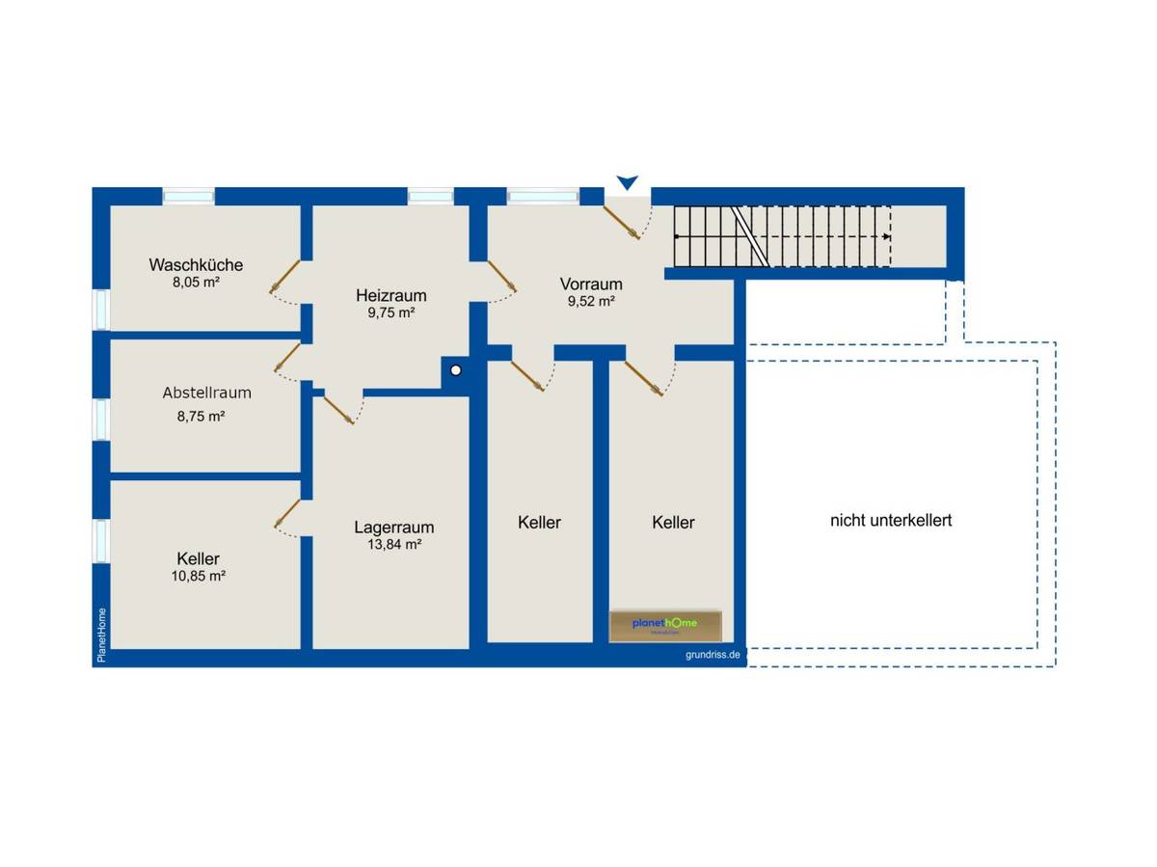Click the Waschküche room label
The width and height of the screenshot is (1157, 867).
coord(196,264)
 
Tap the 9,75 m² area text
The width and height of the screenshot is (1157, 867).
coord(391,312)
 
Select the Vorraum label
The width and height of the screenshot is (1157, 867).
coord(591,284)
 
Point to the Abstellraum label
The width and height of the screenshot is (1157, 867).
coord(206,393)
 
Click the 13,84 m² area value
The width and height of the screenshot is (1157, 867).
coord(394,544)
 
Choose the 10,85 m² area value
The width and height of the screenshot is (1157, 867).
coord(199,576)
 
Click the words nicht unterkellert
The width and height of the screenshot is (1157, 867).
coord(891,521)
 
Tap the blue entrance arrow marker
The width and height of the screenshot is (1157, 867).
coord(628,182)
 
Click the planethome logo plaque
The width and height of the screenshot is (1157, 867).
coord(665,626)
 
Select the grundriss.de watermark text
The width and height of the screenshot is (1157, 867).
coord(713,655)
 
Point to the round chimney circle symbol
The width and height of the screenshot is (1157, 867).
coord(456,370)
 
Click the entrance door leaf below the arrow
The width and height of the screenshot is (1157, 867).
coord(622,223)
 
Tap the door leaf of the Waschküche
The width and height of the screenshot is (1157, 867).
coord(284,277)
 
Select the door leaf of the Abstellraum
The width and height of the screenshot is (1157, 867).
coord(287,358)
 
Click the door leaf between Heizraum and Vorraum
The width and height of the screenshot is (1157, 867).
coord(502,276)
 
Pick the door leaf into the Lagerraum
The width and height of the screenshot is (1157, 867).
coord(338,410)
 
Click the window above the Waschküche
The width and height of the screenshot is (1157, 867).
coord(188,197)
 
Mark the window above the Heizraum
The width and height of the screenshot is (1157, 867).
coord(431,197)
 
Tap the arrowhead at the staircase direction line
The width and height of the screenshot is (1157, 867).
coord(887,236)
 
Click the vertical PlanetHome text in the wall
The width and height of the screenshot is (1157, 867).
coord(102,636)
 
